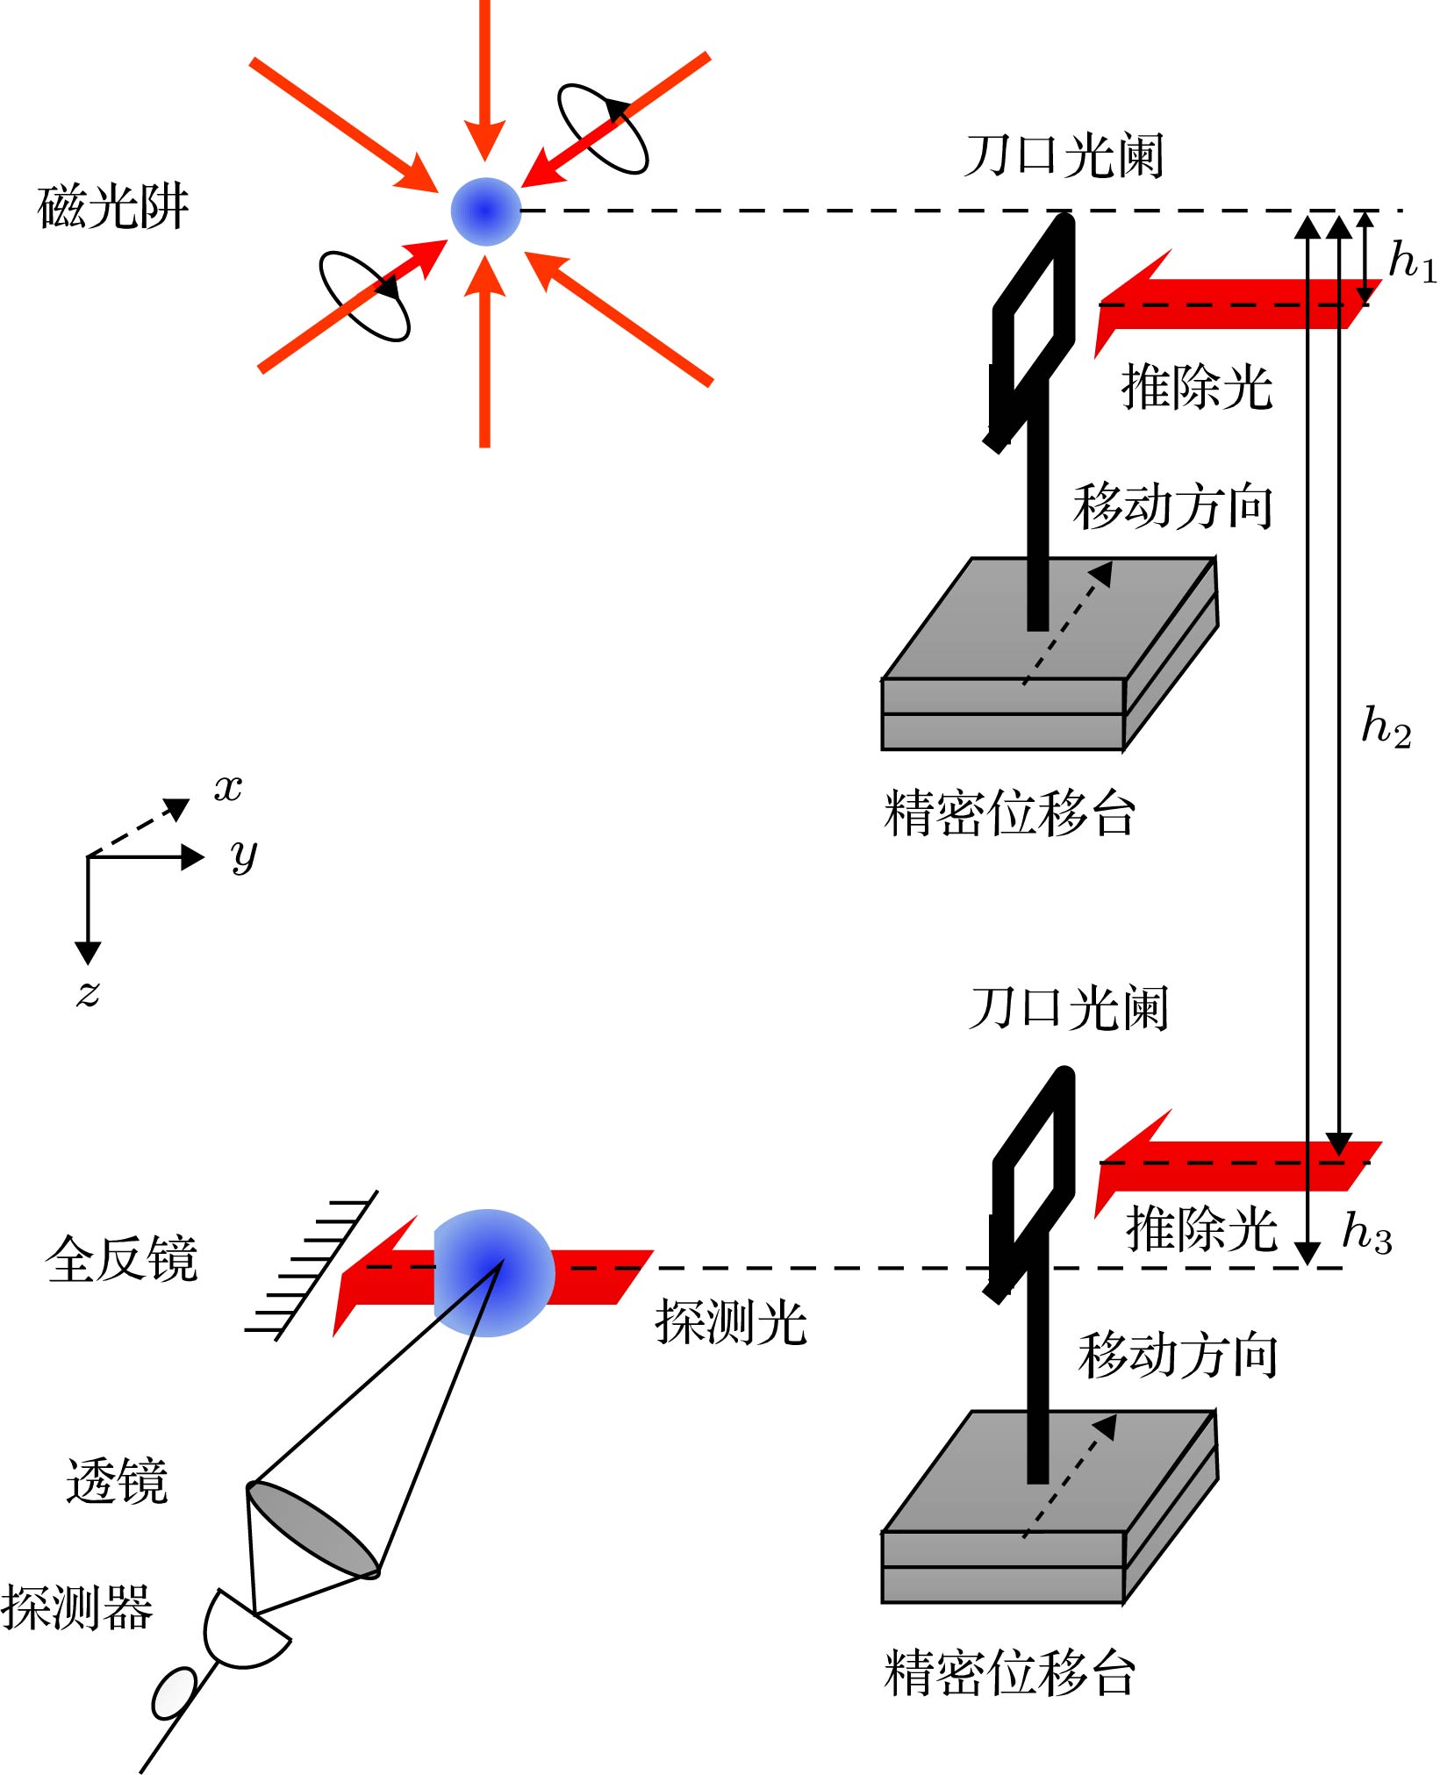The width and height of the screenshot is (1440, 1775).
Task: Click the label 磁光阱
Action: [x=113, y=207]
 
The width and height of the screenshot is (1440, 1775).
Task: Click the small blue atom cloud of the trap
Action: [x=485, y=211]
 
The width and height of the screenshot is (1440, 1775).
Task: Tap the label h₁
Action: [x=1412, y=261]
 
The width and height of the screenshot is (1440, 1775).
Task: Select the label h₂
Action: [x=1386, y=726]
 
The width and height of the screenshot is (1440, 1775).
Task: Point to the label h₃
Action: [x=1366, y=1232]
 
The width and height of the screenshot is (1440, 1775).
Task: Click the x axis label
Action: [x=228, y=788]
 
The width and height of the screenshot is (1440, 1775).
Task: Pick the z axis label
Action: [x=88, y=993]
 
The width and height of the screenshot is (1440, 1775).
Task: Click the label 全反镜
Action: [x=121, y=1260]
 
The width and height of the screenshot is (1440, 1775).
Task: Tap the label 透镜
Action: [x=117, y=1482]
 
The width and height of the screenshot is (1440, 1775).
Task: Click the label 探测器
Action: [x=77, y=1607]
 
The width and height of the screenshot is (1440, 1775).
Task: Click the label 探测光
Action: [x=730, y=1321]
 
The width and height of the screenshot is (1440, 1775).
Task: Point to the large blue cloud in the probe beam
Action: [x=492, y=1272]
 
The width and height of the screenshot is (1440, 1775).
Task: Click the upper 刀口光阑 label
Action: [x=1064, y=156]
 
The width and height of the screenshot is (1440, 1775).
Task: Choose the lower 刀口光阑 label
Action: [x=1069, y=1008]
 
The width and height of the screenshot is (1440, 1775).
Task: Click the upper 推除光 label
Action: [x=1197, y=387]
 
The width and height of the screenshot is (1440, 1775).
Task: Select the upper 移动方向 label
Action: [x=1172, y=506]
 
